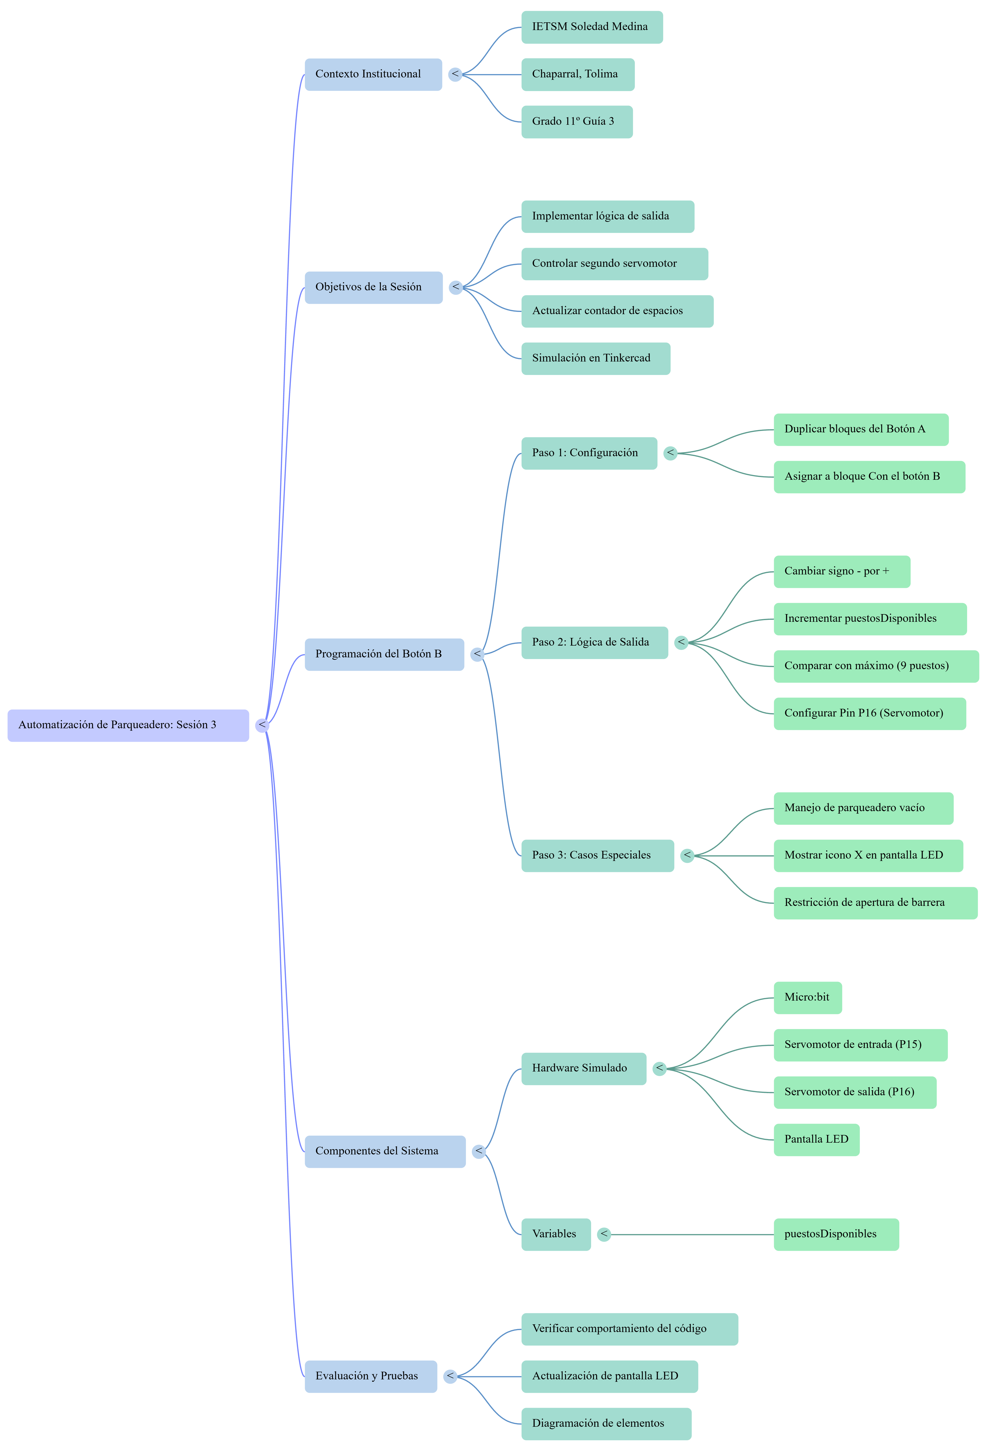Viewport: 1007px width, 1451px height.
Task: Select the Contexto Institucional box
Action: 374,75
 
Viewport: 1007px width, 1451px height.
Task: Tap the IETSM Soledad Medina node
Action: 592,27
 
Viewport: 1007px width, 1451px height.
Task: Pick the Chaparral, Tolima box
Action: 578,75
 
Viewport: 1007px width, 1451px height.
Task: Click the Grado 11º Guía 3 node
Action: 577,122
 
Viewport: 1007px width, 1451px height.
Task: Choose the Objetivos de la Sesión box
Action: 374,288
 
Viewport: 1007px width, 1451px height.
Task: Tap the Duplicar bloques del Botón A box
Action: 861,430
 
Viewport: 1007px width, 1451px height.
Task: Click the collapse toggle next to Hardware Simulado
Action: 659,1069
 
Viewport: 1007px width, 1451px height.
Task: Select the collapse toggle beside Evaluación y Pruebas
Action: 450,1376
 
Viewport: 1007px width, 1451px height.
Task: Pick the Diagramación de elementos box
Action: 606,1424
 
